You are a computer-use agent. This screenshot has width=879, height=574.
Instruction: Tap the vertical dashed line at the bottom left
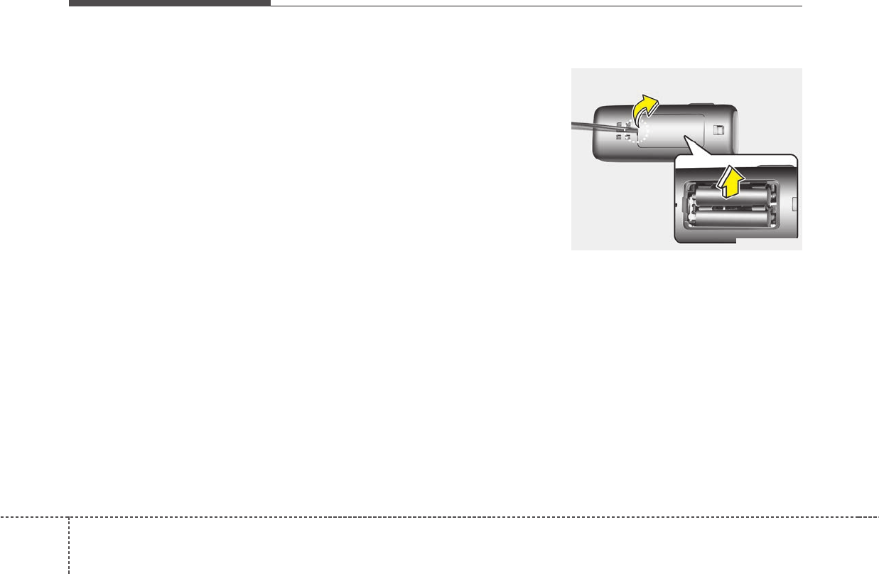point(69,545)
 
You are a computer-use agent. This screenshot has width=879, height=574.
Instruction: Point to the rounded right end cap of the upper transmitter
point(732,132)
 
